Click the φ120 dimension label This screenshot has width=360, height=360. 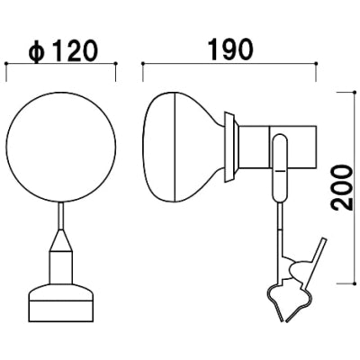pyautogui.click(x=63, y=51)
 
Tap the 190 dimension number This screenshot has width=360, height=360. pyautogui.click(x=230, y=49)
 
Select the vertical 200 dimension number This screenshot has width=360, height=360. pyautogui.click(x=342, y=188)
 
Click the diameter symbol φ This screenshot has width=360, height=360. pyautogui.click(x=37, y=52)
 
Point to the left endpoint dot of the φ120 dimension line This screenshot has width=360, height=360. pyautogui.click(x=6, y=63)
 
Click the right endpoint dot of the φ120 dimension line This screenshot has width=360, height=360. pyautogui.click(x=116, y=63)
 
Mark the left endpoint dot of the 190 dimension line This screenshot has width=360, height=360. pyautogui.click(x=143, y=63)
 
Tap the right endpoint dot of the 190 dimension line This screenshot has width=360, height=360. pyautogui.click(x=316, y=63)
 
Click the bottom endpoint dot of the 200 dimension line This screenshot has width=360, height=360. pyautogui.click(x=355, y=283)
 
